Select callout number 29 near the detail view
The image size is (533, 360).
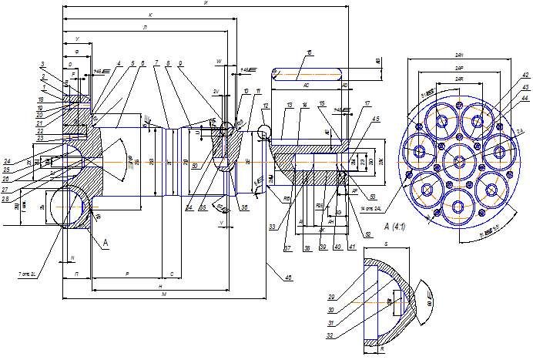(x=332, y=297)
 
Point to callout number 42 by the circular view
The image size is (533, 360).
(x=525, y=76)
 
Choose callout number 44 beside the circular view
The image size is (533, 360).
(x=525, y=99)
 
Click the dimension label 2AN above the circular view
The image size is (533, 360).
(x=460, y=57)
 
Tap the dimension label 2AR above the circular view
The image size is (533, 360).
(x=460, y=79)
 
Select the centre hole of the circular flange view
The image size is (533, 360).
(x=460, y=160)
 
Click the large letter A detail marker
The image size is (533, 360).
(x=106, y=241)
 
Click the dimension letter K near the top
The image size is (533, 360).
(x=150, y=15)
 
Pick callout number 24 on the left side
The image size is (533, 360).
(x=6, y=161)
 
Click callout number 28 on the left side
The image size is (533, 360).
(x=6, y=198)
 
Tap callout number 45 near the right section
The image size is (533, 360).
(x=375, y=119)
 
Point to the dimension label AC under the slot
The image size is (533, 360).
(x=306, y=84)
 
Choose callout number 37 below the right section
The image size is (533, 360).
(x=287, y=248)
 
